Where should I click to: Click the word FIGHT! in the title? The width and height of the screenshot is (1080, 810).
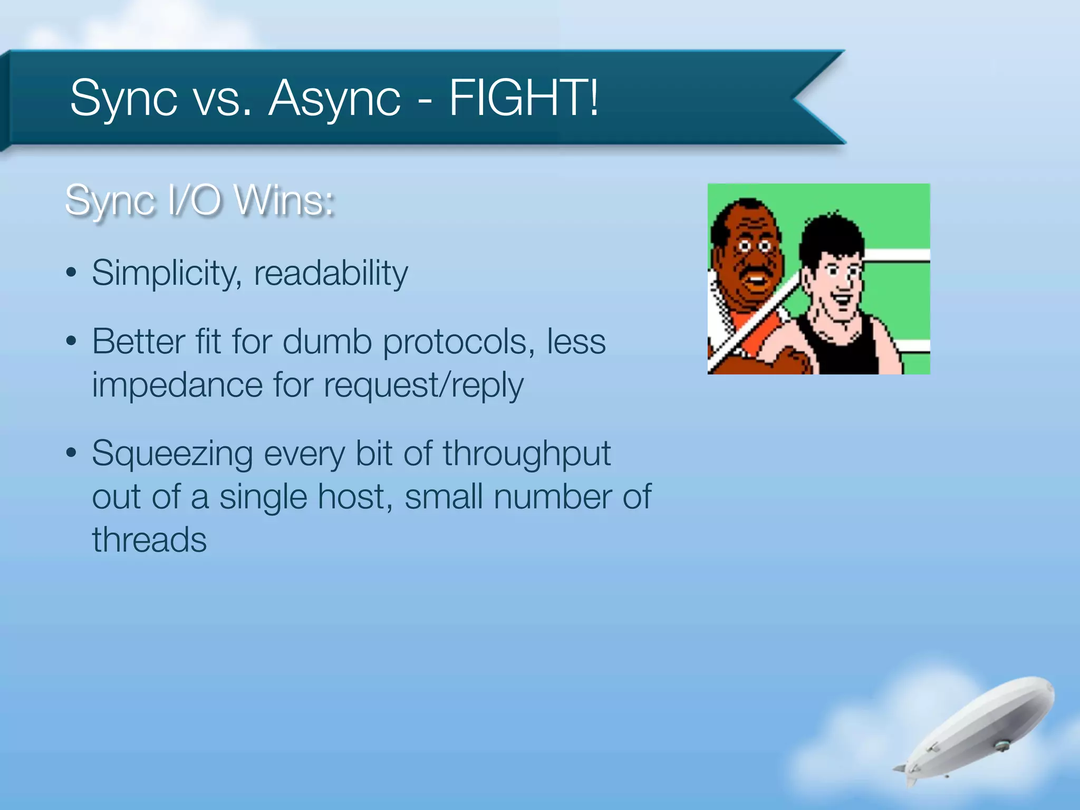(524, 98)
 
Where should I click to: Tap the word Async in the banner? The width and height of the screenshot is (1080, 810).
(334, 99)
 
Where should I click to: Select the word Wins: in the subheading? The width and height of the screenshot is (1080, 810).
(284, 200)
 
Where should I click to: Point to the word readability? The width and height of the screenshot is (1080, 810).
(331, 273)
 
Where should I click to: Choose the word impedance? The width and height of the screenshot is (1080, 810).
(177, 385)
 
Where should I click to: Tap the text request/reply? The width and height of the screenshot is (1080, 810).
(423, 385)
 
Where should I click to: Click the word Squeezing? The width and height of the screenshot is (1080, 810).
(172, 454)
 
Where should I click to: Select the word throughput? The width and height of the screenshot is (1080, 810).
(526, 454)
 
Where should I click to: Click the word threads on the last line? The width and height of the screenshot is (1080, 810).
(149, 540)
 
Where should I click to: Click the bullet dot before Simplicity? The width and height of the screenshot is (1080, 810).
(72, 273)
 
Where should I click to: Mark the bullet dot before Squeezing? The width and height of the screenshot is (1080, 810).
(72, 453)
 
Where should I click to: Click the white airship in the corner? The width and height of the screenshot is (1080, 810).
(981, 730)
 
